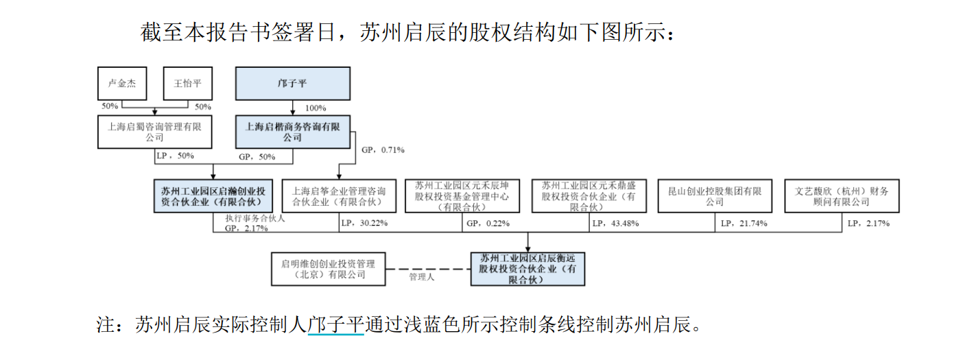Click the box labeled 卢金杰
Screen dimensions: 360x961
tap(122, 84)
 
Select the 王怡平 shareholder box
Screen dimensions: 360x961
tap(187, 84)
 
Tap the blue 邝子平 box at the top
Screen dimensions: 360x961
tap(293, 84)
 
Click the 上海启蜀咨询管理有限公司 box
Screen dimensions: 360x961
tap(154, 132)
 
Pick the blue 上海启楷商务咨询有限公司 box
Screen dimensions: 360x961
tap(293, 132)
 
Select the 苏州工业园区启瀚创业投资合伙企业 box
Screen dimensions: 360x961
tap(213, 196)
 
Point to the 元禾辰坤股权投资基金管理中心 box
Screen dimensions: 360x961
tap(462, 196)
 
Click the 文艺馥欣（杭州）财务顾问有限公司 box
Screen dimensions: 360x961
tap(842, 196)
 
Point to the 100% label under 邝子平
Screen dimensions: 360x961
tap(316, 108)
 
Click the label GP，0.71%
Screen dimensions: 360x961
tap(383, 149)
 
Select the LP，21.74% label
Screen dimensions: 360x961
tap(744, 224)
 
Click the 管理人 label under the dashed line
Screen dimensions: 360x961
tap(422, 277)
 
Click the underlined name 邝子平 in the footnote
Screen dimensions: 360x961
tap(335, 324)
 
